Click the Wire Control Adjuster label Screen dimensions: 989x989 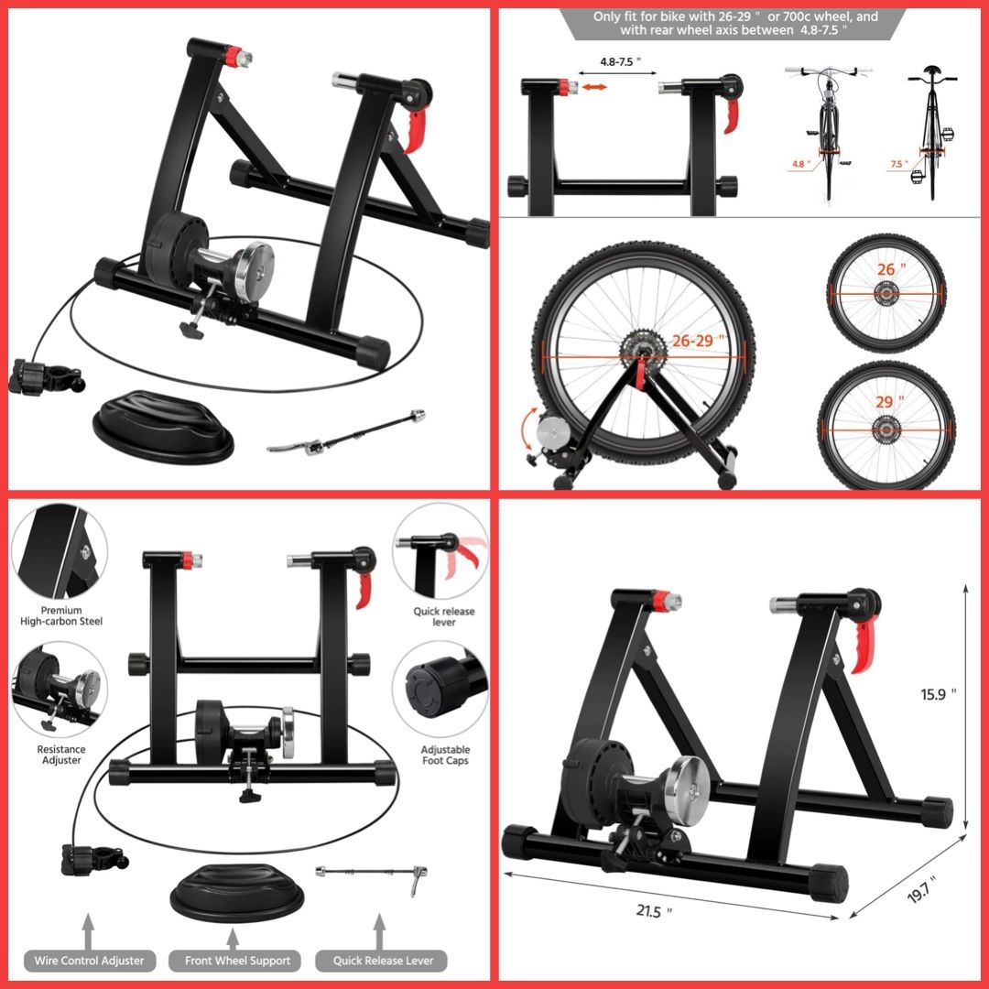89,961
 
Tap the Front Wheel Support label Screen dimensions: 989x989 237,961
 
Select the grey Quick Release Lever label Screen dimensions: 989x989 382,961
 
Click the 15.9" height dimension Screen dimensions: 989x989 938,694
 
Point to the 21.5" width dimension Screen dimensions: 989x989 654,911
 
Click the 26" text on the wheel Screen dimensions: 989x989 891,269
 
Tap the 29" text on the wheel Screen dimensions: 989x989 889,402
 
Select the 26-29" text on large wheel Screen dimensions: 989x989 698,341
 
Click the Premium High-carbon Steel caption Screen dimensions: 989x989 61,615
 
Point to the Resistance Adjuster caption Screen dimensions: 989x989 61,755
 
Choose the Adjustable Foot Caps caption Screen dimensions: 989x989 445,755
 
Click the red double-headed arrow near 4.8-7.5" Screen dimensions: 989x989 594,87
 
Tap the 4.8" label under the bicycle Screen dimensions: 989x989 798,164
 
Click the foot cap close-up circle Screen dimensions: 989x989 440,688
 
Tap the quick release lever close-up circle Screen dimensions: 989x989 440,550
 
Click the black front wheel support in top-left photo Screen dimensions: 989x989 163,427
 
